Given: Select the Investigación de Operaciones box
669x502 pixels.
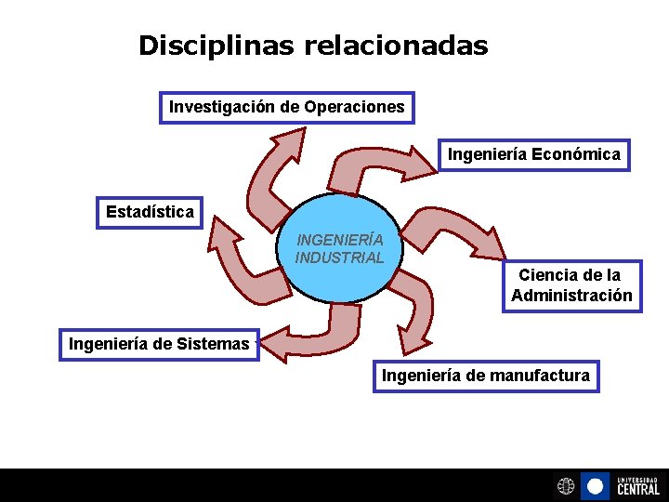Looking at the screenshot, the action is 287,107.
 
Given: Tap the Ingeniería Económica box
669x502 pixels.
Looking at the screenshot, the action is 534,154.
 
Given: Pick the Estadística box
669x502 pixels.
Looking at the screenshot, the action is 150,212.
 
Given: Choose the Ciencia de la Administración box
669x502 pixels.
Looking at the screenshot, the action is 571,285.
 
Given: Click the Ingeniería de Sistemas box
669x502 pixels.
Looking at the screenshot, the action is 159,344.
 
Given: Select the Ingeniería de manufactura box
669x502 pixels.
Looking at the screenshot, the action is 485,376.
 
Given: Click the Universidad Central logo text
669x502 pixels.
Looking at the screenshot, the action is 637,485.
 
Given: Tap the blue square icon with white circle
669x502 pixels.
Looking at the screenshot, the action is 595,486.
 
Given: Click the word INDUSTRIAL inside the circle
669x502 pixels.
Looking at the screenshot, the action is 340,258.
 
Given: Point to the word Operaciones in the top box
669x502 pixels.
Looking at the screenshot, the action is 359,107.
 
